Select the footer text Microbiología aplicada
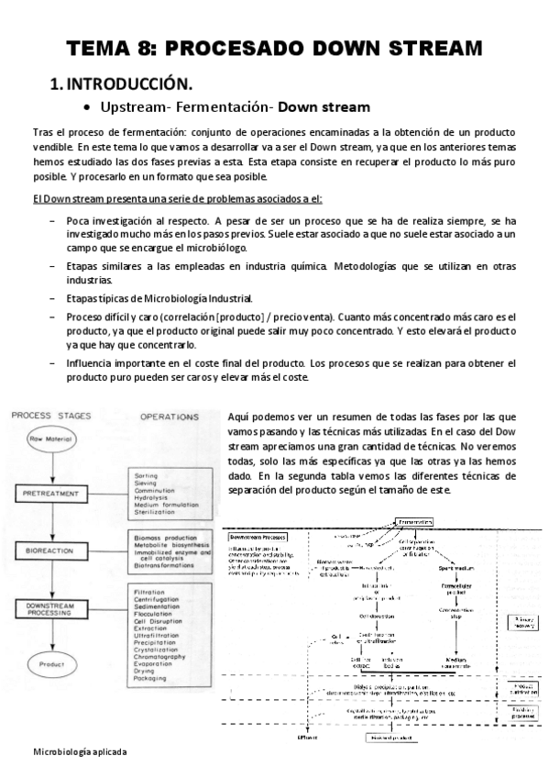click(80, 750)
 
